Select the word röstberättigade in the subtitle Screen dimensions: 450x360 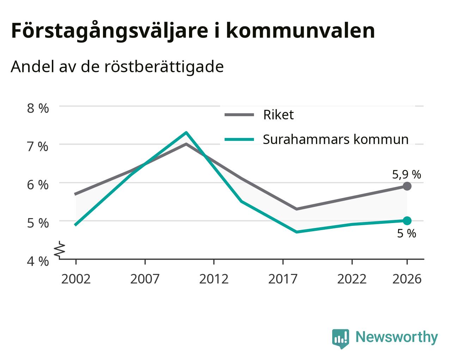164,67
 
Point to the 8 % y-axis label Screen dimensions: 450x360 38,108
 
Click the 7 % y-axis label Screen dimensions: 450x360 38,146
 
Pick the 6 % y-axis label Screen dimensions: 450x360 38,185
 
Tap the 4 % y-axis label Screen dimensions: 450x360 38,262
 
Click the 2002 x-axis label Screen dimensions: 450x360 76,279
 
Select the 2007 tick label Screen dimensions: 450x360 145,279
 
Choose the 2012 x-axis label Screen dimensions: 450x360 214,279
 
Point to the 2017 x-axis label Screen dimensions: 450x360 283,279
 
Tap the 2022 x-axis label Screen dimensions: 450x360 352,279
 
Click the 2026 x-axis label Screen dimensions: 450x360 407,279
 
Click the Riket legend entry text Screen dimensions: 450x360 279,115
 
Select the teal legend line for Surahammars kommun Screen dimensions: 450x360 239,139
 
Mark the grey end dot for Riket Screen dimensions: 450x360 407,186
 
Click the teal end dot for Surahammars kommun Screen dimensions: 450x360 407,221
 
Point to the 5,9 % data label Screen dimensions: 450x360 407,175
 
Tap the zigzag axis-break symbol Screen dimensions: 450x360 60,249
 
